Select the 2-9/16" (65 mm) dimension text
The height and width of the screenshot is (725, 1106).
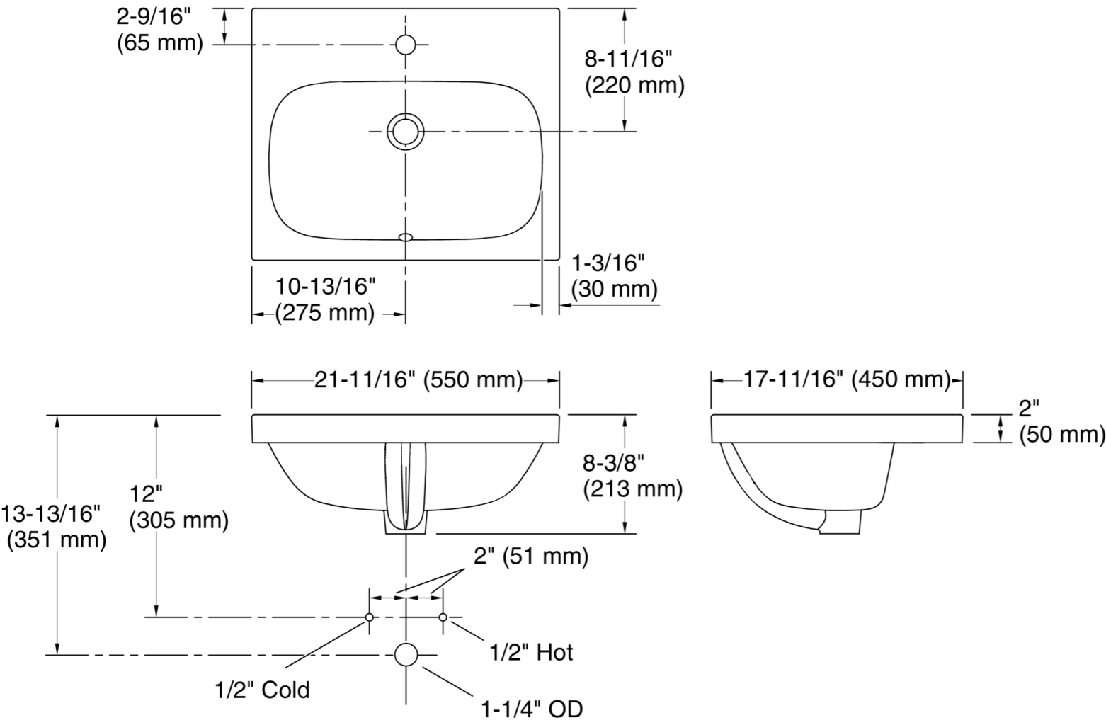(159, 30)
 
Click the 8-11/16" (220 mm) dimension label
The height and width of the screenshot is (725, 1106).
(634, 73)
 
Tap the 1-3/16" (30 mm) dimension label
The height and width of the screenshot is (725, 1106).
(614, 277)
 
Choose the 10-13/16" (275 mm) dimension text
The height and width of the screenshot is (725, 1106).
(325, 299)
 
